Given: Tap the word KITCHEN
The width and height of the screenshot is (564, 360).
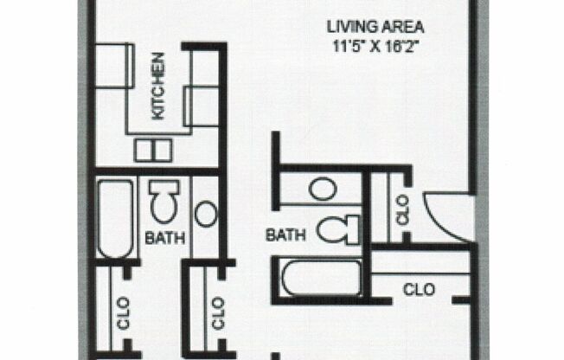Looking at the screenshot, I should click(158, 97).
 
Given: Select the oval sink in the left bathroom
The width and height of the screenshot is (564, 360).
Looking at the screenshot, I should click(207, 213).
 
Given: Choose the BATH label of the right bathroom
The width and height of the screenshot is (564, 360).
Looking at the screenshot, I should click(285, 234).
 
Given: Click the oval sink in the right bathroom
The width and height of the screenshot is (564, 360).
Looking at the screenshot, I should click(323, 188).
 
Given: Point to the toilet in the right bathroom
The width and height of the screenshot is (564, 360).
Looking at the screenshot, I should click(337, 229).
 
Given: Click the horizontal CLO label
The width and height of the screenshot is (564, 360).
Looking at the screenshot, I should click(420, 289).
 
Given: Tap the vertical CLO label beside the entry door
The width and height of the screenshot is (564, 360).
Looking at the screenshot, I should click(403, 215).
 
